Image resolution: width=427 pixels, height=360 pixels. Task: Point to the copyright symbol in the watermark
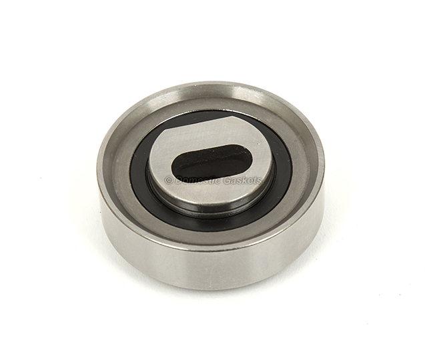click(169, 180)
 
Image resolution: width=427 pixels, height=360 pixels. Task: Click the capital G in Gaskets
click(227, 180)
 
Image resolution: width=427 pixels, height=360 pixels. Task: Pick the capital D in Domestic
click(179, 180)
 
